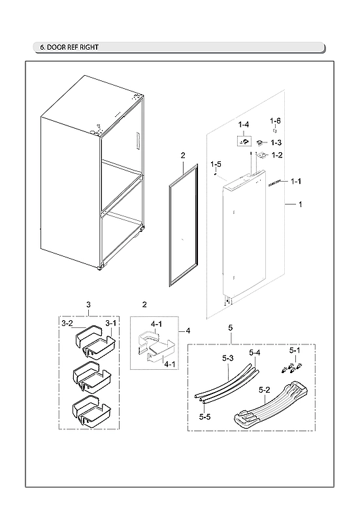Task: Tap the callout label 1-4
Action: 244,124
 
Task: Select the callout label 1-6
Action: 276,121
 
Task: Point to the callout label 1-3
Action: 276,142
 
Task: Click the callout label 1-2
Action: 276,155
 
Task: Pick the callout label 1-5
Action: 216,164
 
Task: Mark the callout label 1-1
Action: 295,180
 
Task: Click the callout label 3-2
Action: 67,323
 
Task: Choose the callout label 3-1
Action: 110,323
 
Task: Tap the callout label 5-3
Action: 228,358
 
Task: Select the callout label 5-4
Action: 255,353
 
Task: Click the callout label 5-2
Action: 265,390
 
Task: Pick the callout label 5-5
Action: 205,416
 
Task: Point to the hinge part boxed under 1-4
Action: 244,140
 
